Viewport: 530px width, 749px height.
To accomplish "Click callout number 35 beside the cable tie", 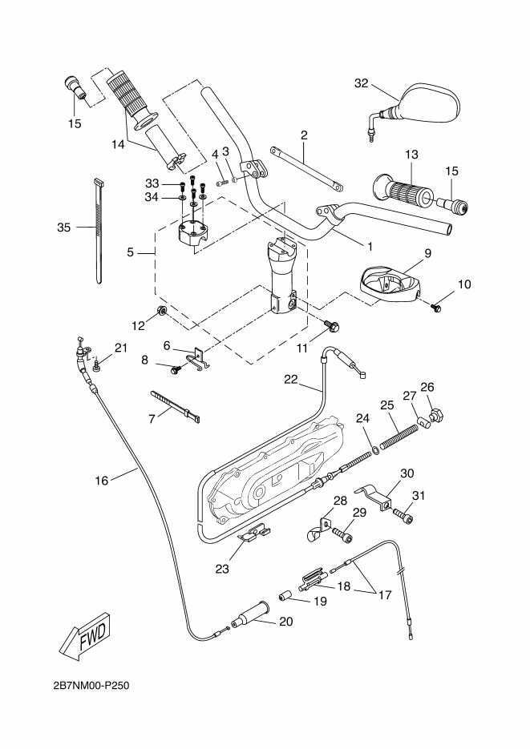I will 65,228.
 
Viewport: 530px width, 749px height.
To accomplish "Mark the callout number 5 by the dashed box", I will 130,252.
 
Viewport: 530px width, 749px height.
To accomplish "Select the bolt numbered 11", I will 331,325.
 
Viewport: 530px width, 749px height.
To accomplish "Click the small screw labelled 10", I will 438,307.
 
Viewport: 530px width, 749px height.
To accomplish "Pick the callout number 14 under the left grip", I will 118,144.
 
